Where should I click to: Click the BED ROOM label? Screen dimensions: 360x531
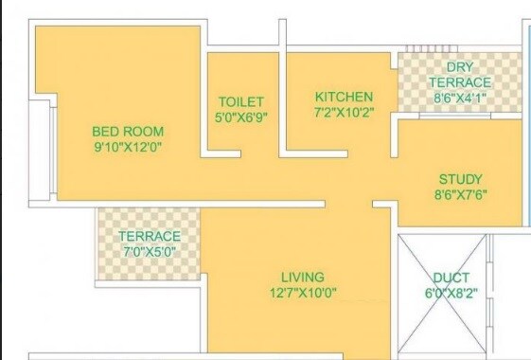[128, 131]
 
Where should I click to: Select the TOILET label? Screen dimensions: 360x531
[240, 101]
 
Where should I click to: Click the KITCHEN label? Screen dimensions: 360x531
[344, 97]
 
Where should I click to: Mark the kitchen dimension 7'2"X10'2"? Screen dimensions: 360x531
[344, 113]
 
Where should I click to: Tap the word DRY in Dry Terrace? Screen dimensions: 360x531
[460, 66]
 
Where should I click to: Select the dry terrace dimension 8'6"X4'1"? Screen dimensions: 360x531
[460, 97]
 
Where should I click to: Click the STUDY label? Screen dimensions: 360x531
[460, 179]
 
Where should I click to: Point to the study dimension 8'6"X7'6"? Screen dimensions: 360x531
[460, 196]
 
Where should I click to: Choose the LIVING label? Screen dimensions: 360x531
[302, 276]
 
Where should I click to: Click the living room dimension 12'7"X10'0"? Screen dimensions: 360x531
[302, 293]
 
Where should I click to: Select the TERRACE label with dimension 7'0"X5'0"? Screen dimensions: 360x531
[149, 236]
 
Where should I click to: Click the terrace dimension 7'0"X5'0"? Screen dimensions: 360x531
[149, 252]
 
